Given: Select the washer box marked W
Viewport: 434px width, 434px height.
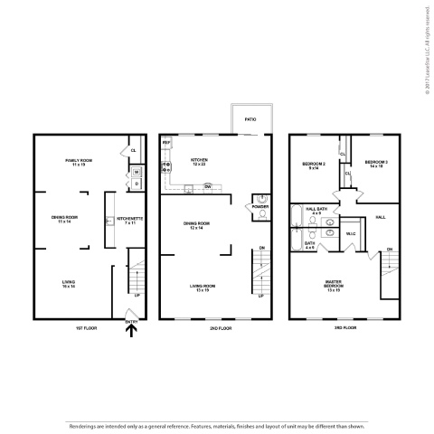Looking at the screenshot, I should (136, 172).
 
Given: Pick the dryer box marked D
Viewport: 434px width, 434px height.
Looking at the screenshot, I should (136, 184).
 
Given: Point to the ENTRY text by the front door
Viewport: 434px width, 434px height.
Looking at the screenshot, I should (132, 320).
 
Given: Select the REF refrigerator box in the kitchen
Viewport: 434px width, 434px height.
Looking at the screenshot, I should (166, 144).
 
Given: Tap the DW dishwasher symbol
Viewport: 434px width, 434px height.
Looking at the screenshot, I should (207, 186).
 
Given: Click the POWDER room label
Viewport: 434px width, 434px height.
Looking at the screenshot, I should (261, 206).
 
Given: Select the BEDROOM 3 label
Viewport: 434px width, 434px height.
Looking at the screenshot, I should (375, 165).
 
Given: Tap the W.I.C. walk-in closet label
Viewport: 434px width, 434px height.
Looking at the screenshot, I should (351, 232).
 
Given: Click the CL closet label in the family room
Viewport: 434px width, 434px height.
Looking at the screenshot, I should (133, 151).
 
